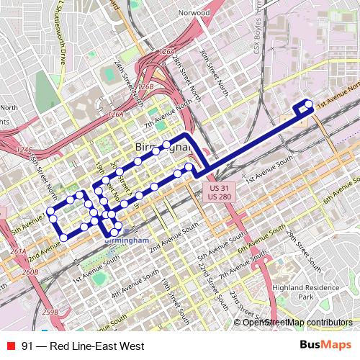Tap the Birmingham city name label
click(163, 148)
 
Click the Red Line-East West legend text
click(83, 346)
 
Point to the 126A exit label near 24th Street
click(167, 53)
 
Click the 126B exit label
click(146, 86)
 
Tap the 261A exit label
click(18, 252)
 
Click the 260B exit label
click(30, 272)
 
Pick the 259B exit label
click(50, 312)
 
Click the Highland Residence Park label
click(317, 292)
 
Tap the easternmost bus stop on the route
click(310, 104)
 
